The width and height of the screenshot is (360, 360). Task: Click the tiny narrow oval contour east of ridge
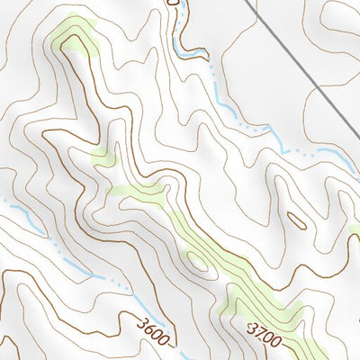click(x=295, y=219)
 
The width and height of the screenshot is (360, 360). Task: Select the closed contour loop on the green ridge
click(x=194, y=260)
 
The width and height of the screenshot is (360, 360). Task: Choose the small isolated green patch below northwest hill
click(x=103, y=159)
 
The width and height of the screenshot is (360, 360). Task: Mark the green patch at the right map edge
click(x=355, y=231)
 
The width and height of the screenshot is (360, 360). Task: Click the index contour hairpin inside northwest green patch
click(x=69, y=40)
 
